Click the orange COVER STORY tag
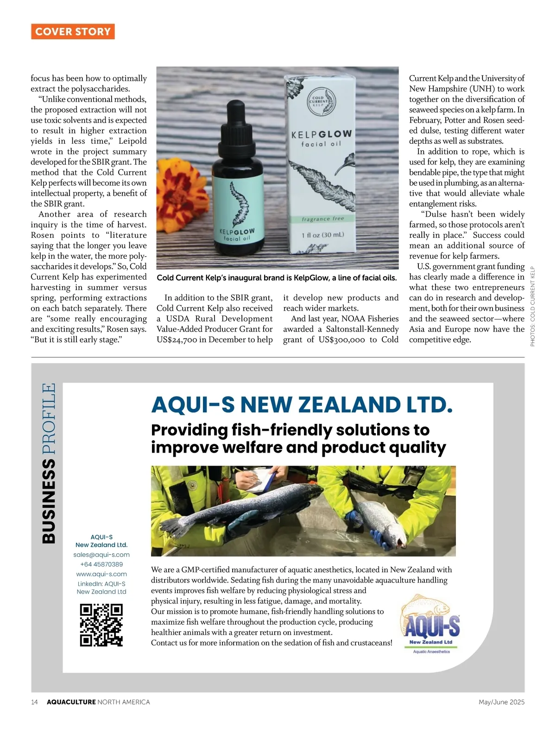73,32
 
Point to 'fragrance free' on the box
323,218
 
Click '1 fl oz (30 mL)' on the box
323,235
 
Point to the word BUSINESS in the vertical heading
49,501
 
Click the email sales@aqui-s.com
101,555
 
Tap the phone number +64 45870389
101,564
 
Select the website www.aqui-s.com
101,574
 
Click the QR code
101,625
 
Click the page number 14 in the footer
35,702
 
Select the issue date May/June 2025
501,702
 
